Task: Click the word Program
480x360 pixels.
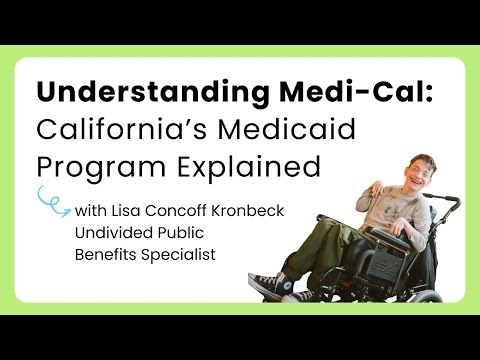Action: click(x=89, y=165)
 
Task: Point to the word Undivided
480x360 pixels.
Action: click(x=109, y=234)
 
